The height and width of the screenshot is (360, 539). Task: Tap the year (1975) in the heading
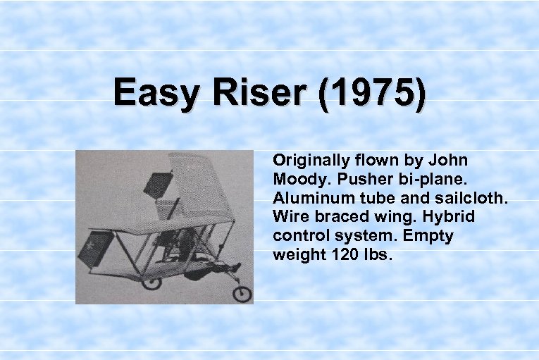[372, 94]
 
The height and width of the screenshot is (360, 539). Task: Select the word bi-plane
[430, 179]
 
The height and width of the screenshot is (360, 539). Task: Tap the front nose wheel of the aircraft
[242, 292]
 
